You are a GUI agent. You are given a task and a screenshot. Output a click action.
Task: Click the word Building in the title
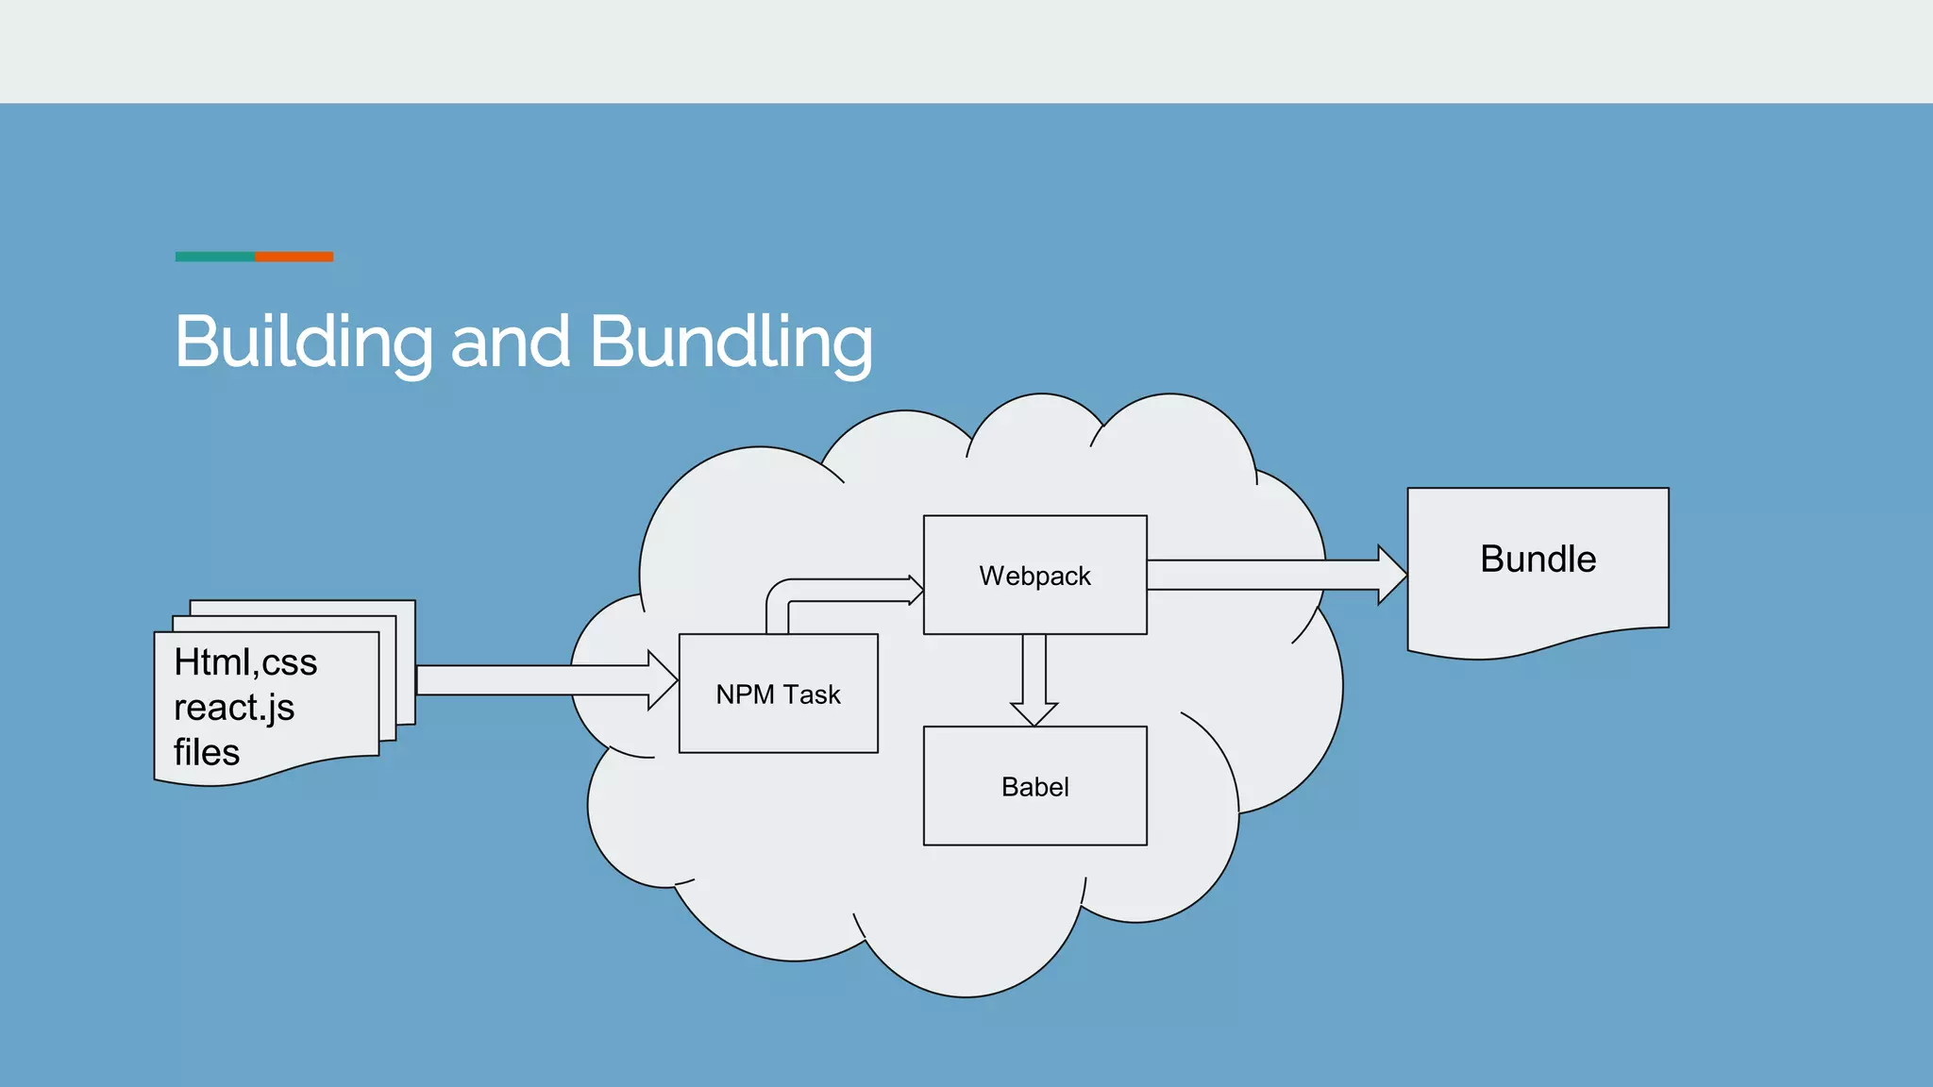point(302,342)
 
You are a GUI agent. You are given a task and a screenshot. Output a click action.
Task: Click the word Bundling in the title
point(731,342)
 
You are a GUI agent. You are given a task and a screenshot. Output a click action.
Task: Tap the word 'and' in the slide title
point(511,342)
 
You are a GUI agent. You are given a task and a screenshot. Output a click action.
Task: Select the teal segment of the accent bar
point(214,257)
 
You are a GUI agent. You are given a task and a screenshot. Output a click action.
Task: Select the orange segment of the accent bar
point(294,257)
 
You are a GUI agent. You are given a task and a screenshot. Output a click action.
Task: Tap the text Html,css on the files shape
point(245,662)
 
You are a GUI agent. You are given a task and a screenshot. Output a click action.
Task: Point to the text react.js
point(234,708)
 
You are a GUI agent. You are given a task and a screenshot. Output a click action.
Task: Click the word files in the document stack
point(207,753)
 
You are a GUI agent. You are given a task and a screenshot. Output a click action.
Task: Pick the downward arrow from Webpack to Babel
point(1034,675)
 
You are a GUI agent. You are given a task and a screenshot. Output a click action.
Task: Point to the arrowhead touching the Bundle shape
point(1391,575)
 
